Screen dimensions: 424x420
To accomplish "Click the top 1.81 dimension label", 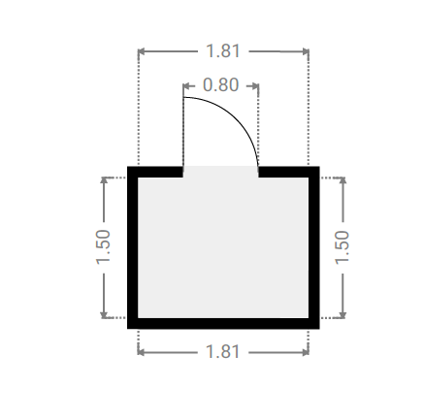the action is click(223, 51).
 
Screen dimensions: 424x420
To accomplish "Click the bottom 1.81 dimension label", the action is click(223, 352).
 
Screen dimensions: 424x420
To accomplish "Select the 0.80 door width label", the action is click(220, 85).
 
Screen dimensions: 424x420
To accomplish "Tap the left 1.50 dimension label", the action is click(104, 247).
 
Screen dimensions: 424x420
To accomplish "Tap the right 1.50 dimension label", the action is click(342, 247).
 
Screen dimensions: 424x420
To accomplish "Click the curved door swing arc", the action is click(237, 118).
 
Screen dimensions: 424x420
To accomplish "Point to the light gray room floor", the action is click(223, 247).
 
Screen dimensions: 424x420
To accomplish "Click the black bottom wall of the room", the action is click(223, 323).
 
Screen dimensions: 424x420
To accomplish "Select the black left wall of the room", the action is click(133, 247).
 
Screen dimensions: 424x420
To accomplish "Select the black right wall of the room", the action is click(313, 247).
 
